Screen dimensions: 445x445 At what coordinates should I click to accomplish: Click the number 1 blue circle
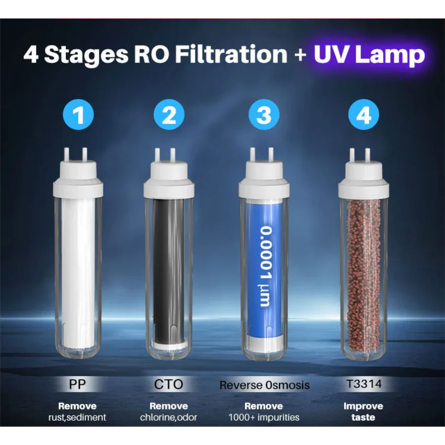[x=78, y=115]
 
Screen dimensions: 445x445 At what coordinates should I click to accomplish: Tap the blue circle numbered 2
[x=169, y=115]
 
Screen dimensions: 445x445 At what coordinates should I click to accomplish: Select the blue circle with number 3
[x=264, y=115]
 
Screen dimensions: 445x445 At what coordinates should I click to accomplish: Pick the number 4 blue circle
[x=363, y=115]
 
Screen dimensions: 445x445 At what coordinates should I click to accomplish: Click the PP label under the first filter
[x=77, y=385]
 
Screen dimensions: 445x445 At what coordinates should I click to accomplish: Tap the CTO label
[x=169, y=385]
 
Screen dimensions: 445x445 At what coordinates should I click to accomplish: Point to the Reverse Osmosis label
[x=265, y=385]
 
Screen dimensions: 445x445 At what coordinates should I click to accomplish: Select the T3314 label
[x=364, y=384]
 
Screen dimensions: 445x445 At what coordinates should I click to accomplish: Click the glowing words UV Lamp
[x=369, y=54]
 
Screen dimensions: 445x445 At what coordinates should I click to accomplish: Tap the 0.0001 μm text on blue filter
[x=267, y=267]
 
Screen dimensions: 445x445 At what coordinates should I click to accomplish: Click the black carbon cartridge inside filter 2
[x=170, y=269]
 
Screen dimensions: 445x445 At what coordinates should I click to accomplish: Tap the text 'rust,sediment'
[x=77, y=417]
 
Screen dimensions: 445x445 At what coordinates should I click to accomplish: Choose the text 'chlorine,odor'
[x=169, y=417]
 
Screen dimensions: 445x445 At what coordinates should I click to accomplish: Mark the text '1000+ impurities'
[x=264, y=417]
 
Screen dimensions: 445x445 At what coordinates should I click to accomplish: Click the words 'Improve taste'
[x=363, y=412]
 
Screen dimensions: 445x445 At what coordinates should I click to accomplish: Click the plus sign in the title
[x=301, y=54]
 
